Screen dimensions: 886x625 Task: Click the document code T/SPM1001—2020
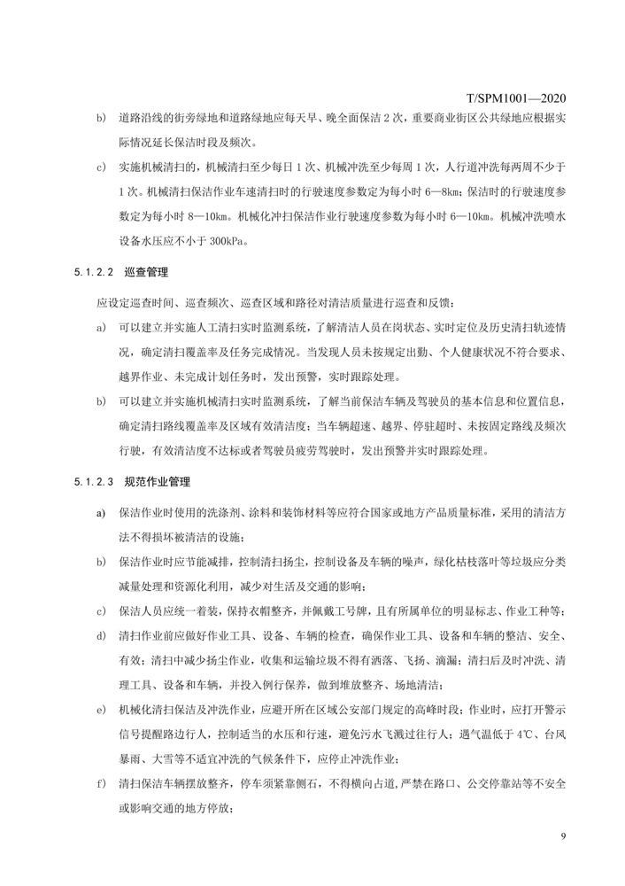pyautogui.click(x=515, y=97)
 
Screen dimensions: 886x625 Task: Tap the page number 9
pyautogui.click(x=563, y=837)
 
